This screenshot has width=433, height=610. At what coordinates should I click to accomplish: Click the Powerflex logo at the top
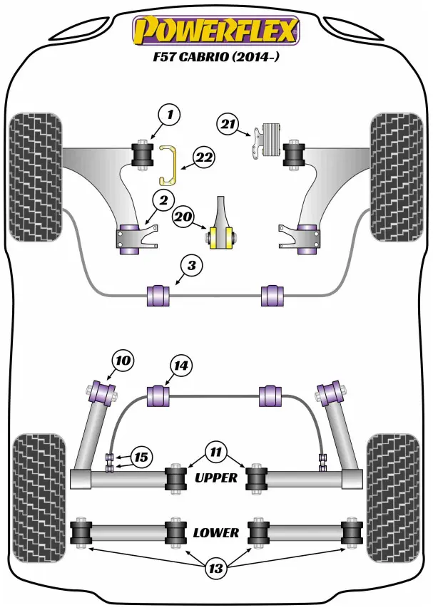tap(217, 31)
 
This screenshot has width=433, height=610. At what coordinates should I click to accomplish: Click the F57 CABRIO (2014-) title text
tap(217, 58)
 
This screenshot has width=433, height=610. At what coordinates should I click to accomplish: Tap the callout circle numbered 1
tap(169, 114)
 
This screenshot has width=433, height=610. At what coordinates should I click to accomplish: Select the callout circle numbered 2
tap(163, 202)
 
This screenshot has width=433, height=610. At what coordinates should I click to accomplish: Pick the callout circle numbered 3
tap(191, 267)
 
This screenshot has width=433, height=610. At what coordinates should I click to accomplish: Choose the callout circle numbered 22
tap(203, 158)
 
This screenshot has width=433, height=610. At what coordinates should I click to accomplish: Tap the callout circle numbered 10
tap(123, 361)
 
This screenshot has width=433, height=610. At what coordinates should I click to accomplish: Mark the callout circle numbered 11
tap(215, 451)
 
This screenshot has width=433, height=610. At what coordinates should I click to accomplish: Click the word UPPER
tap(215, 478)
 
